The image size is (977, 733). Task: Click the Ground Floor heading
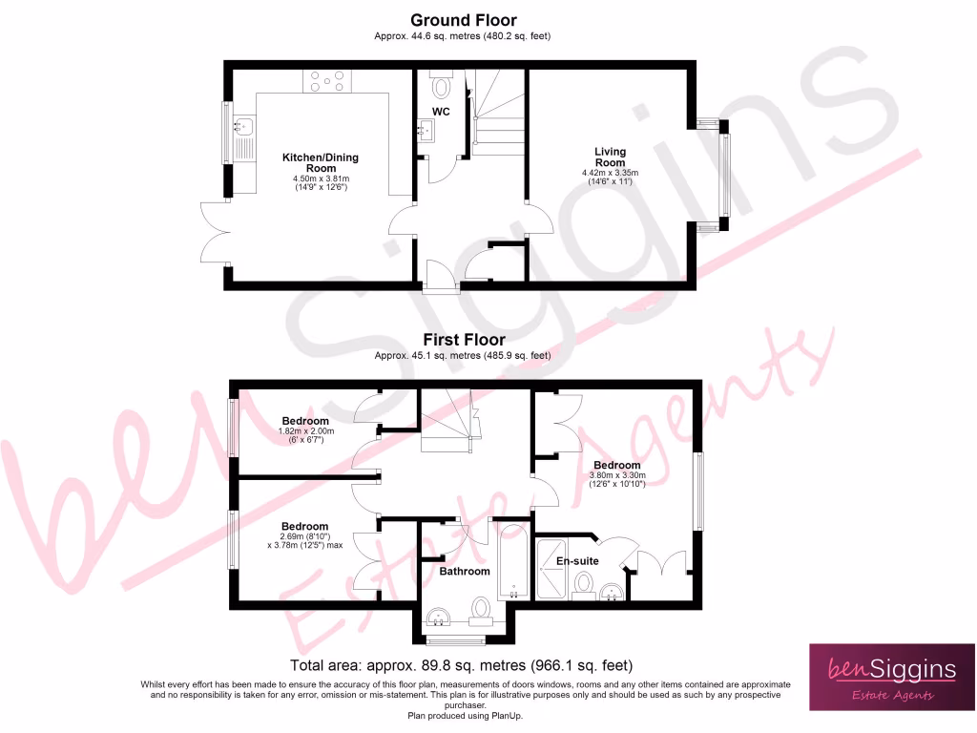pyautogui.click(x=463, y=20)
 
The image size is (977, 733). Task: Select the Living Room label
pyautogui.click(x=610, y=157)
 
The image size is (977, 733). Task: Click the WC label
pyautogui.click(x=441, y=113)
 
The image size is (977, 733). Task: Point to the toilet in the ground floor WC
pyautogui.click(x=441, y=87)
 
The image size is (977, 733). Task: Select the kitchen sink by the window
pyautogui.click(x=244, y=126)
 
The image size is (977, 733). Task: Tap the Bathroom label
pyautogui.click(x=464, y=572)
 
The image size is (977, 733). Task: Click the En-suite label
pyautogui.click(x=578, y=561)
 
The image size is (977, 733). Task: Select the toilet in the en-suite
pyautogui.click(x=583, y=585)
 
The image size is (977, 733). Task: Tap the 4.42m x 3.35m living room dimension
pyautogui.click(x=610, y=174)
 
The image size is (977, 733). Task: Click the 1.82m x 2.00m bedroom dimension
pyautogui.click(x=304, y=431)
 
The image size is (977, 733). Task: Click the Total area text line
pyautogui.click(x=461, y=665)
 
